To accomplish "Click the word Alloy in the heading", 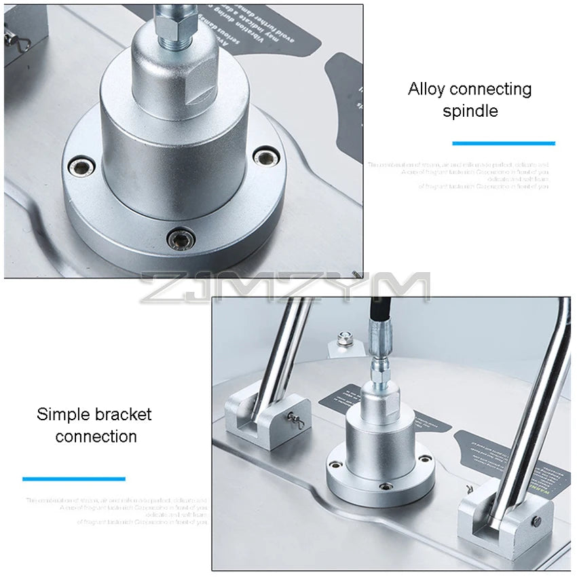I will (x=426, y=89).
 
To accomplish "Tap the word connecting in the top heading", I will (x=491, y=89).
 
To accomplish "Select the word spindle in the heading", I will (x=470, y=111).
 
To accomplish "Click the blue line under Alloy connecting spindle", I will (x=504, y=143).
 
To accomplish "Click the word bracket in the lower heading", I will (x=124, y=414).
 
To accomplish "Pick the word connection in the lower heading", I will (x=96, y=436).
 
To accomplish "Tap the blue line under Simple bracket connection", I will (x=74, y=479).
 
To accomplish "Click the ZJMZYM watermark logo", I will (x=285, y=286).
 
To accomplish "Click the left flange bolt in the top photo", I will (x=82, y=164).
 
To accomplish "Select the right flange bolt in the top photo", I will (x=266, y=157).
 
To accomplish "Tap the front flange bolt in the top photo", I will (x=182, y=237).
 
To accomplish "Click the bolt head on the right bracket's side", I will (x=536, y=521).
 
